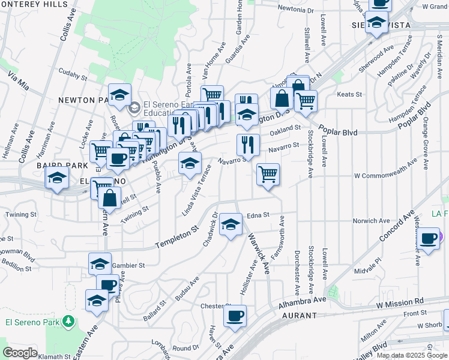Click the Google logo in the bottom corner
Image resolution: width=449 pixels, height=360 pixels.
20,353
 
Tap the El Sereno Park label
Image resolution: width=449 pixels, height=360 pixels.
32,322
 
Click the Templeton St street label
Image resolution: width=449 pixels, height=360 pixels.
176,238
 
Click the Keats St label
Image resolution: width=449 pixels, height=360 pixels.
350,94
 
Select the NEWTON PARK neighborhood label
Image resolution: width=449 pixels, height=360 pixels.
84,100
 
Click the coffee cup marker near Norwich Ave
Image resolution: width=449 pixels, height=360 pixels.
429,238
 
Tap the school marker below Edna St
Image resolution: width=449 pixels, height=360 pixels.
230,224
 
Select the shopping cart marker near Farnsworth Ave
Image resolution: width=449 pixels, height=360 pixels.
268,175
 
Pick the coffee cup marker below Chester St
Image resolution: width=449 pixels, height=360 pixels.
235,314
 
